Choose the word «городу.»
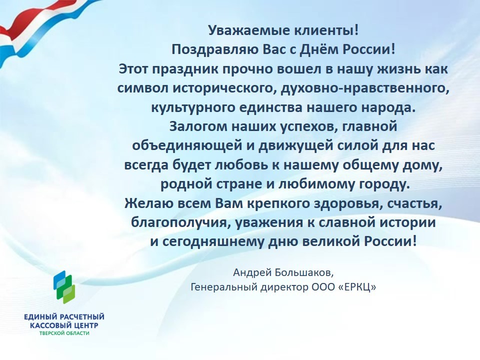pos(384,184)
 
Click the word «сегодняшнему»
pos(213,242)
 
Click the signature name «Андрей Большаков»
pos(283,272)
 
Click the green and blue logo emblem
pos(64,287)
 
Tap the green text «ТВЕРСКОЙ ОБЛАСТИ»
pos(64,333)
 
